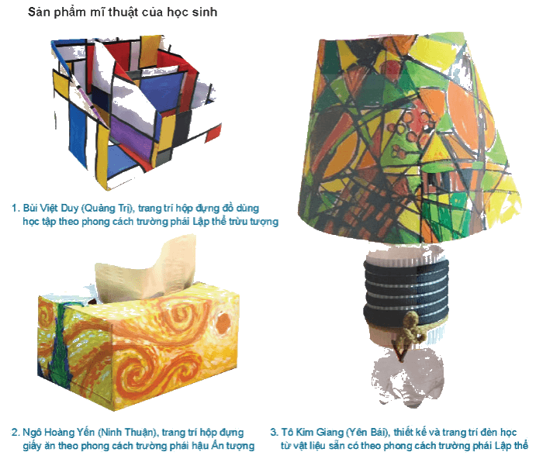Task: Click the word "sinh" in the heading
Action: click(204, 12)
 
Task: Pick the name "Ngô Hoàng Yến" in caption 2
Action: click(58, 433)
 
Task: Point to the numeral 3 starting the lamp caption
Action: click(274, 433)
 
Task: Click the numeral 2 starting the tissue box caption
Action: click(16, 433)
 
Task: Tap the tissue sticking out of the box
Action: click(147, 270)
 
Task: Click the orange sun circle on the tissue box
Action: click(223, 323)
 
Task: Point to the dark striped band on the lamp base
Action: click(406, 292)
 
